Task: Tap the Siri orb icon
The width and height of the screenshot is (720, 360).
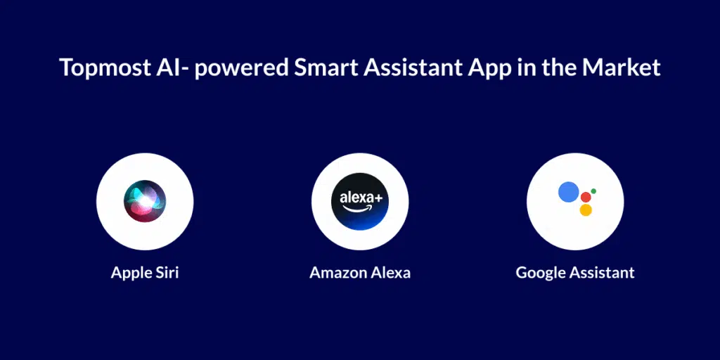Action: click(144, 201)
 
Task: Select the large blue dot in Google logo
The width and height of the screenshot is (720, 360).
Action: click(568, 192)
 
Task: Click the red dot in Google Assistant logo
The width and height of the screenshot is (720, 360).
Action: click(585, 197)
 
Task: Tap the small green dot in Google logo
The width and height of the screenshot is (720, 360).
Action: click(593, 191)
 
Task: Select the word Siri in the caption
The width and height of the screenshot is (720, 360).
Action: click(166, 272)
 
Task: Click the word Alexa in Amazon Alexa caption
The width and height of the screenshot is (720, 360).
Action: click(391, 272)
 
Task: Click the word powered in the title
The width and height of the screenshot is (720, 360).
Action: click(238, 69)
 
